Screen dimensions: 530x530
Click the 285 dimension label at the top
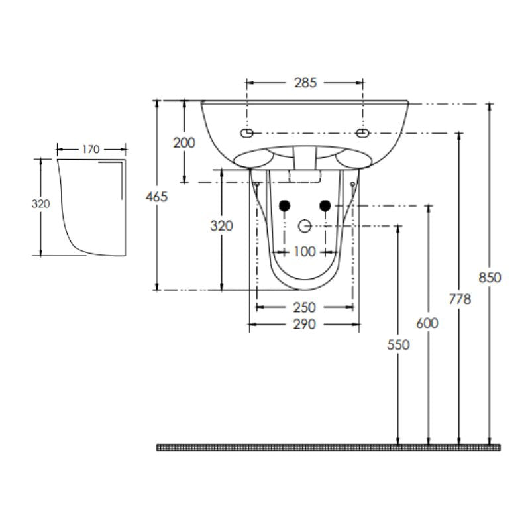tap(305, 83)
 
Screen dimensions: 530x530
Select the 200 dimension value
tap(184, 142)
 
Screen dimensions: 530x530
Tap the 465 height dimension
tap(157, 196)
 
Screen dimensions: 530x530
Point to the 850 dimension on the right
tap(491, 278)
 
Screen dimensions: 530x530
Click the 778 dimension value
tap(460, 299)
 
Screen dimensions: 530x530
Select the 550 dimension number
tap(399, 344)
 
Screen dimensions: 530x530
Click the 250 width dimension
tap(305, 307)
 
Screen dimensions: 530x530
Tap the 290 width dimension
tap(305, 324)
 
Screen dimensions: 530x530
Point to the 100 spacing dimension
tap(305, 252)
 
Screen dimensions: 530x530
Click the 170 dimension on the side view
tap(91, 149)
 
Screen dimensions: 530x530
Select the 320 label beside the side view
tap(41, 204)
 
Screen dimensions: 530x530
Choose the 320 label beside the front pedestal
tap(221, 226)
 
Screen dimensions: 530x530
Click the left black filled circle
tap(284, 205)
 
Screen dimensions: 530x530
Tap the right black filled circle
tap(325, 205)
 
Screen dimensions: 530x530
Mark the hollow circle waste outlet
tap(305, 226)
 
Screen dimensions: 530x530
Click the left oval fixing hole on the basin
tap(247, 134)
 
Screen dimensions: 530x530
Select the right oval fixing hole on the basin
tap(362, 134)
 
